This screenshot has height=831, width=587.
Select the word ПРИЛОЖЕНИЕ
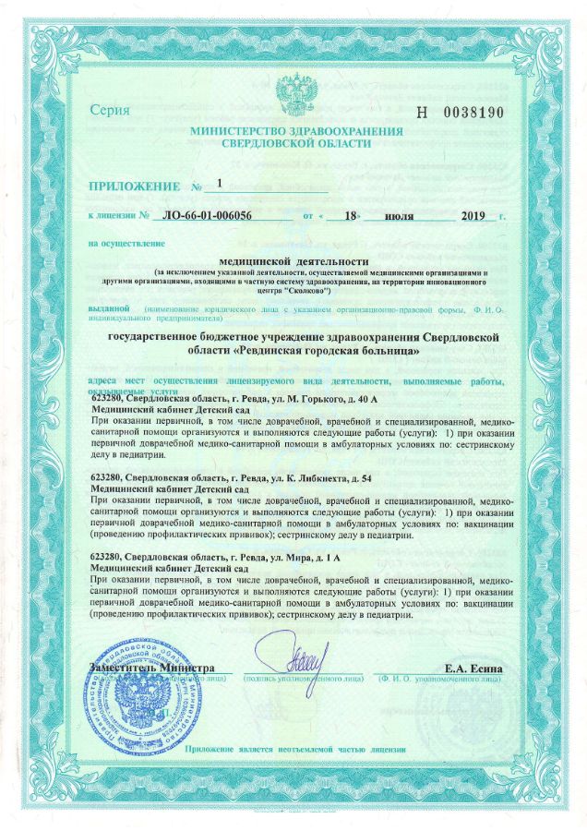tap(135, 187)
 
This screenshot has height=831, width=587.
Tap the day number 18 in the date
tap(339, 217)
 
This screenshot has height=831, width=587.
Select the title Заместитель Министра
tap(153, 668)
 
